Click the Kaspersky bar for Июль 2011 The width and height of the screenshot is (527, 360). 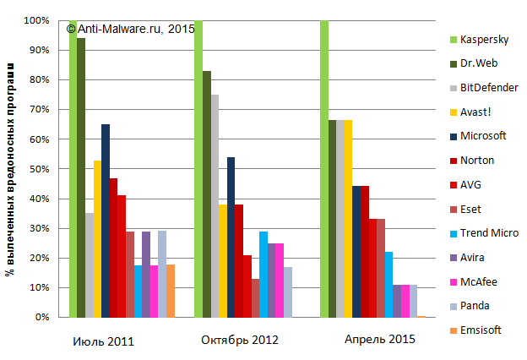[x=73, y=169]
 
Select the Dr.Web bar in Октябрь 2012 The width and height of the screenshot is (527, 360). [x=207, y=194]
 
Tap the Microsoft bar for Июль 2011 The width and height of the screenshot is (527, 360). [x=106, y=221]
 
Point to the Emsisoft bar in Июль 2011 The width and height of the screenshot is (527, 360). [x=171, y=291]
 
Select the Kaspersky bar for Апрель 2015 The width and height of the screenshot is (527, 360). [x=324, y=169]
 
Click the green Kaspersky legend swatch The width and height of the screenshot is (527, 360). [x=454, y=40]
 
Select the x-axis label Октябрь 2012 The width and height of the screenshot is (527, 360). [x=240, y=340]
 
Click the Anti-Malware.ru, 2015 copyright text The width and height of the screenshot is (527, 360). [x=131, y=29]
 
